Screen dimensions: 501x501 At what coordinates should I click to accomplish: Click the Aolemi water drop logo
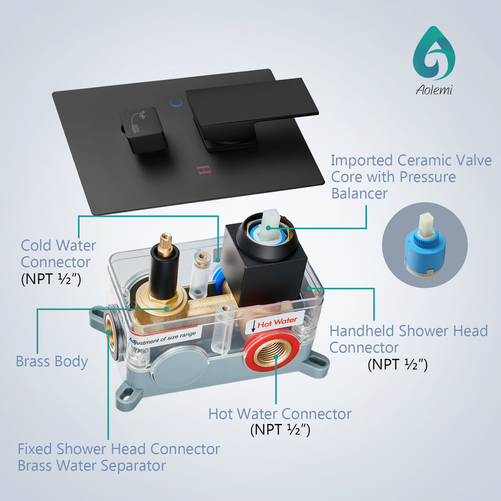coord(434,53)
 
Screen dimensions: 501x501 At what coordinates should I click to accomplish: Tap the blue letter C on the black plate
coord(176,103)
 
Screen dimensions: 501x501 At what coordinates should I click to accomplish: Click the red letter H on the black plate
coord(204,170)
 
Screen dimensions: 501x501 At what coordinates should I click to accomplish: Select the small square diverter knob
coord(143,129)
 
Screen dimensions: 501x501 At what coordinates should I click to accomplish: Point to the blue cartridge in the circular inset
coord(425,246)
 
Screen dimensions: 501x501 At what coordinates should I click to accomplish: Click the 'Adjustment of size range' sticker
coord(162,338)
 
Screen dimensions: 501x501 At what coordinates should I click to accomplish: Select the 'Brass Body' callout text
coord(52,362)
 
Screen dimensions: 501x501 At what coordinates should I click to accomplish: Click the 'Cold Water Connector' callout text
coord(58,254)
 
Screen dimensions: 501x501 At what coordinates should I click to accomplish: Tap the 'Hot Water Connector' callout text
coord(280,414)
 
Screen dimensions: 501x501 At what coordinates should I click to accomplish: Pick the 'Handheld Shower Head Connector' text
coord(409,339)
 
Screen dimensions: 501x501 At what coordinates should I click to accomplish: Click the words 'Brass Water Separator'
coord(91,466)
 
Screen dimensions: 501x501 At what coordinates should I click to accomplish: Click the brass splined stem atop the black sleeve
coord(166,245)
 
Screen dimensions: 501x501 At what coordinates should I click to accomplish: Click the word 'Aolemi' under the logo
coord(434,90)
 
